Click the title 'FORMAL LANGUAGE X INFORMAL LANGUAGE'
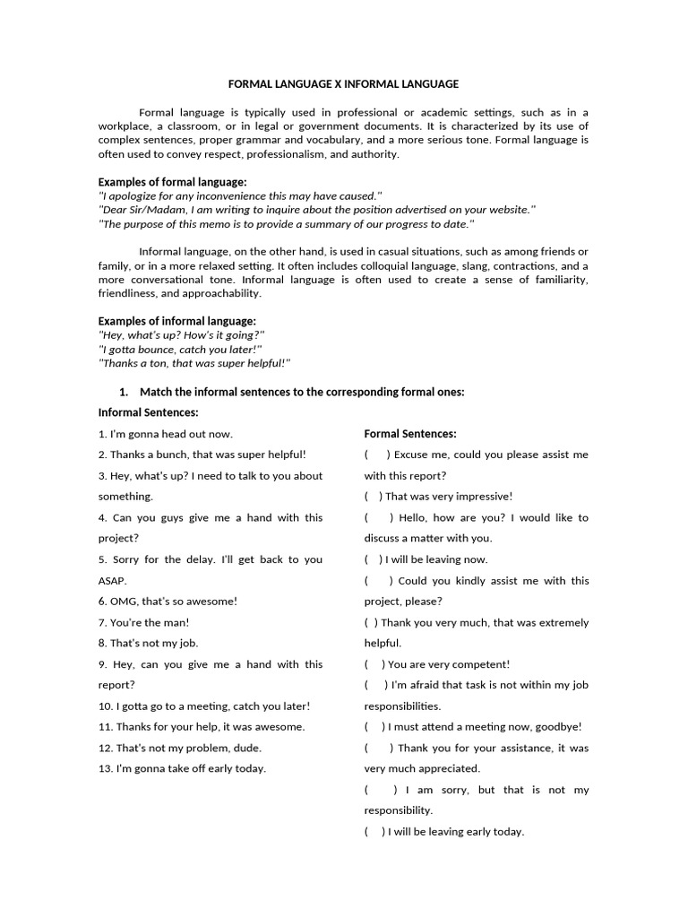coord(343,83)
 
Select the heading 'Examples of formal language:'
coord(172,182)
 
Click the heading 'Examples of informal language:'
coord(176,321)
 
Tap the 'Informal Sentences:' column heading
coord(148,412)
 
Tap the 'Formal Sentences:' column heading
coord(410,434)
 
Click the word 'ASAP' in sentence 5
coord(113,580)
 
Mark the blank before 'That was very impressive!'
coord(374,497)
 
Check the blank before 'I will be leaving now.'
coord(374,559)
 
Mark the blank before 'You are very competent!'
coord(374,664)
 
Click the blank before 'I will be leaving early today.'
coord(374,832)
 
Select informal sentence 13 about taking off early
coord(182,768)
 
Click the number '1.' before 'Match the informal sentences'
coord(125,392)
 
